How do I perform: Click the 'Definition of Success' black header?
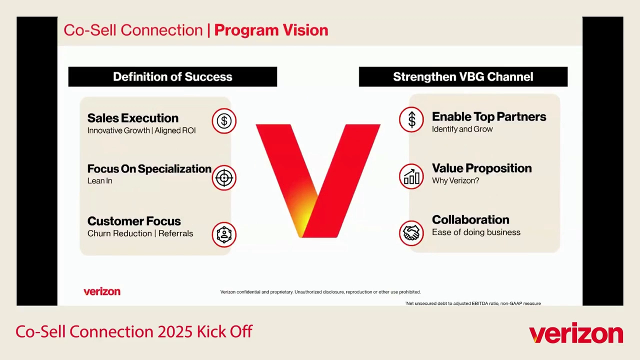pos(172,76)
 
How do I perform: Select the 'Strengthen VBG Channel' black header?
pos(463,76)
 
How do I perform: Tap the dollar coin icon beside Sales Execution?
pos(224,121)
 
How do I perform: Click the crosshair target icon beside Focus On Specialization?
pos(224,177)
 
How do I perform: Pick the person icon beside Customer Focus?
pos(224,234)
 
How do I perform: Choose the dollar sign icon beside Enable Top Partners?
pos(411,120)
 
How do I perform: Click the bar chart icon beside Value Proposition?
pos(411,176)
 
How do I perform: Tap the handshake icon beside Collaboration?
pos(411,233)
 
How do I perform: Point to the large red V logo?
pos(318,180)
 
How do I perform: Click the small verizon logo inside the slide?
pos(102,291)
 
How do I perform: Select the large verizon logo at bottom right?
pos(576,334)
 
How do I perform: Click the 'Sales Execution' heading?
pos(132,118)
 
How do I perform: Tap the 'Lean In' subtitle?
pos(99,181)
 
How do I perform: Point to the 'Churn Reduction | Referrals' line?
pos(140,233)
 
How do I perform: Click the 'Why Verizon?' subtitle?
pos(455,180)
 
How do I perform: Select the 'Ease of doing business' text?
pos(476,232)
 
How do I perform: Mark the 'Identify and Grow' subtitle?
pos(462,129)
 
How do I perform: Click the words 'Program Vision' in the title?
pos(271,30)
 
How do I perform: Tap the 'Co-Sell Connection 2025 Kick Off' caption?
pos(134,331)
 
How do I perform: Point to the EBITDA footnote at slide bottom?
pos(473,303)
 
